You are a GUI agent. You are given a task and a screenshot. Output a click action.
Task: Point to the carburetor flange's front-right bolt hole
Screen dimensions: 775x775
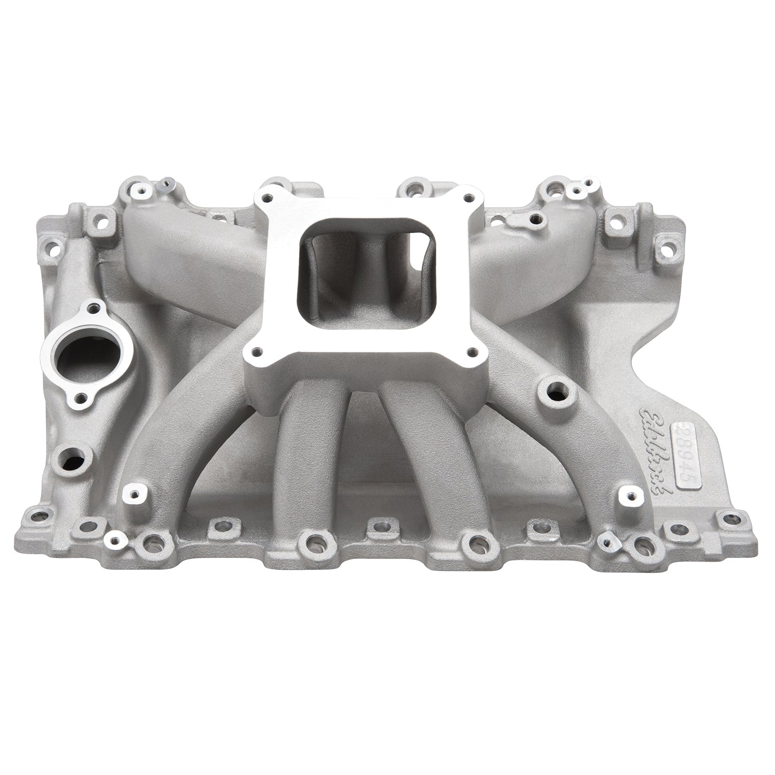coord(473,351)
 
